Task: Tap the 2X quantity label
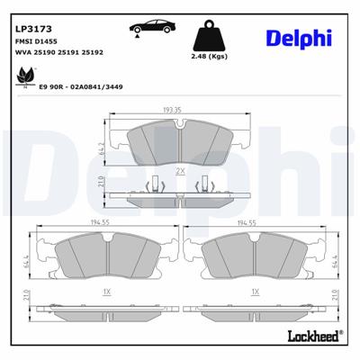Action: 179,171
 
